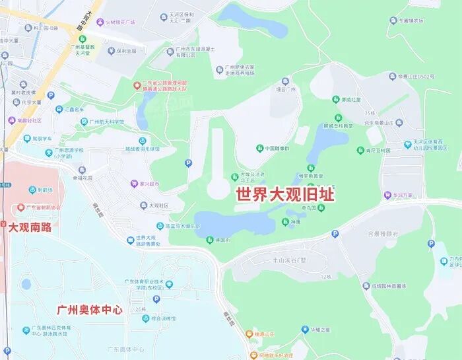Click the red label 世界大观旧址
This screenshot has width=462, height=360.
[285, 195]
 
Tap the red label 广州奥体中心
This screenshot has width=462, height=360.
[90, 309]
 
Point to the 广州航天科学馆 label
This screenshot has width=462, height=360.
[106, 122]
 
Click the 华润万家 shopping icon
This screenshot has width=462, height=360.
[388, 196]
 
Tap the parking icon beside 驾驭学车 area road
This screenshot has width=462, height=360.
[189, 162]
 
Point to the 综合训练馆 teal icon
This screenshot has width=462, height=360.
[147, 318]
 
